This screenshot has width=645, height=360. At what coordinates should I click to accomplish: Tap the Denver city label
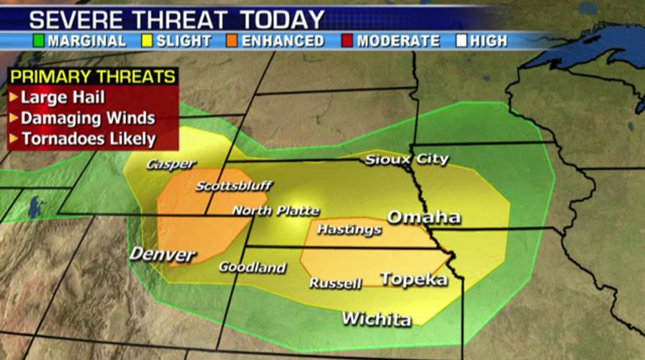pyautogui.click(x=162, y=254)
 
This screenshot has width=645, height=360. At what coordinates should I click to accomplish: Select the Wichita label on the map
pyautogui.click(x=376, y=318)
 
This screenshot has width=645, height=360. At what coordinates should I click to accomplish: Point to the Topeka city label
pyautogui.click(x=413, y=279)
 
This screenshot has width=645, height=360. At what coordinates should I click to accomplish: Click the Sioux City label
pyautogui.click(x=406, y=159)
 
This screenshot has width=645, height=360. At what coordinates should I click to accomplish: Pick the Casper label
pyautogui.click(x=171, y=164)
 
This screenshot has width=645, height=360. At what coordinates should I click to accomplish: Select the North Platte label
pyautogui.click(x=275, y=211)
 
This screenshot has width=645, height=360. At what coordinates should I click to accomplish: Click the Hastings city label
pyautogui.click(x=349, y=230)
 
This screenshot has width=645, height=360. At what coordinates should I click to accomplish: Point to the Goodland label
pyautogui.click(x=252, y=267)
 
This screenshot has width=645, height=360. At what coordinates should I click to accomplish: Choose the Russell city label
pyautogui.click(x=335, y=284)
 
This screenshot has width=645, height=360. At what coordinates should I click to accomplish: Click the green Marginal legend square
pyautogui.click(x=40, y=41)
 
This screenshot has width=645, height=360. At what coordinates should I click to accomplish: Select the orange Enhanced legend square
pyautogui.click(x=233, y=41)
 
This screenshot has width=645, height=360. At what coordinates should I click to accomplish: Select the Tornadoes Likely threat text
pyautogui.click(x=88, y=139)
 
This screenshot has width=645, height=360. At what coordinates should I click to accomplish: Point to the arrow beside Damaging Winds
pyautogui.click(x=14, y=118)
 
